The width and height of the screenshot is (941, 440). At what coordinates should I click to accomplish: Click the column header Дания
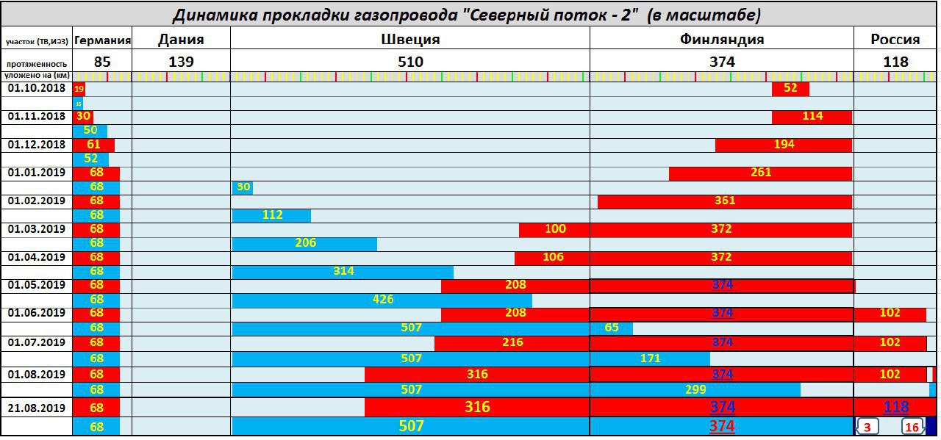pos(181,40)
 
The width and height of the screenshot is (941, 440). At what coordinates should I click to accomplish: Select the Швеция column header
pos(410,40)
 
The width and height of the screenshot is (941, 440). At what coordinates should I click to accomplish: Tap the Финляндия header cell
pos(721,40)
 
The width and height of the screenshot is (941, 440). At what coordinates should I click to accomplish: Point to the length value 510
pos(410,62)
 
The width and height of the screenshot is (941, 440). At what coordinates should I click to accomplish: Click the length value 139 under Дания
pos(181,62)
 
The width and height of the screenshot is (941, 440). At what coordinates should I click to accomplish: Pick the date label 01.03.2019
pos(37,229)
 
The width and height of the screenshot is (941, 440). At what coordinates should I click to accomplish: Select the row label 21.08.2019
pos(37,408)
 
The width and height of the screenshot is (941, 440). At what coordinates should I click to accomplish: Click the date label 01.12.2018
pos(37,145)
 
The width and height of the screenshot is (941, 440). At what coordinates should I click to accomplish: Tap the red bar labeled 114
pos(812,117)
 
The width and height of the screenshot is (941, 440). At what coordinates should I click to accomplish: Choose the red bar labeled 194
pos(784,145)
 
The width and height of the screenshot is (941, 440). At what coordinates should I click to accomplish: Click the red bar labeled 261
pos(760,173)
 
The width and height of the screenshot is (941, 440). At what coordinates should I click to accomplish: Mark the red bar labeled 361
pos(724,201)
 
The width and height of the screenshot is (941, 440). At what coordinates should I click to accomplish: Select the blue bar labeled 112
pos(271,215)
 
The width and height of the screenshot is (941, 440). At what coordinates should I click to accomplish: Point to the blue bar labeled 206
pos(304,244)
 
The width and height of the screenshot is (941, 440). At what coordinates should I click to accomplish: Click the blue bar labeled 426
pos(382,300)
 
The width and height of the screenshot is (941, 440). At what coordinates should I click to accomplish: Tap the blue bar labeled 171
pos(650,358)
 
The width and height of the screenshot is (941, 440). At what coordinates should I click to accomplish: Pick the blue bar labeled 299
pos(695,389)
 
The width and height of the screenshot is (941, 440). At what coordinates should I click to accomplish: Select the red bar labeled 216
pos(512,343)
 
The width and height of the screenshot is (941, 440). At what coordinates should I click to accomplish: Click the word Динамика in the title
pos(208,15)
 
